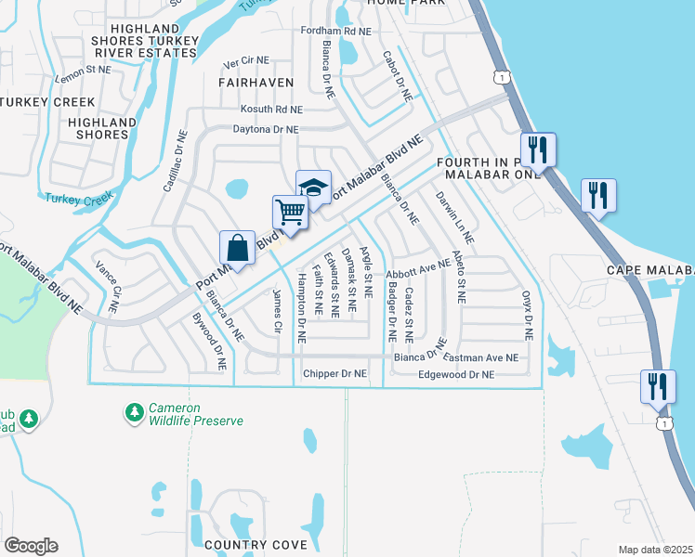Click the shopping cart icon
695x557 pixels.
(290, 213)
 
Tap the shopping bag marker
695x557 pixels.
(237, 249)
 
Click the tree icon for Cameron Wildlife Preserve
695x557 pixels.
(135, 410)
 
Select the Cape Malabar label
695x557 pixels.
(649, 270)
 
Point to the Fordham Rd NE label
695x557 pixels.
(335, 31)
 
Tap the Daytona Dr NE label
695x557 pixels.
(265, 130)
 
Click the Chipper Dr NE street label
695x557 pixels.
(335, 374)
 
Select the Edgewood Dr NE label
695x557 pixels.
(455, 374)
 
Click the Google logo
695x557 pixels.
(30, 546)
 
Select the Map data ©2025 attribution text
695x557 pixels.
(654, 550)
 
